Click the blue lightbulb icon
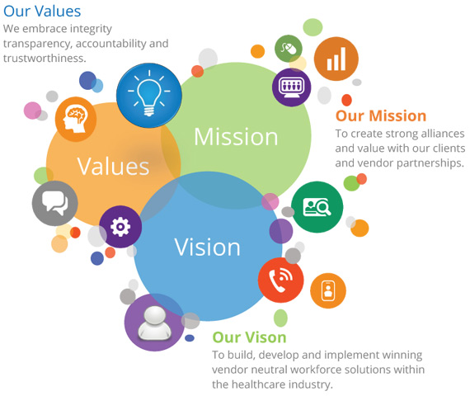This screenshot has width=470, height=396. click(x=149, y=96)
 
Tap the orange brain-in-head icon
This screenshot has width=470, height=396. click(x=76, y=119)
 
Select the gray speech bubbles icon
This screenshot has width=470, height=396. click(x=55, y=203)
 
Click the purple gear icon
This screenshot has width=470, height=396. click(x=120, y=227)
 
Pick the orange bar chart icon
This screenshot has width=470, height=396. click(x=336, y=59)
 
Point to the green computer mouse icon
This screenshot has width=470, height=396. click(x=289, y=49)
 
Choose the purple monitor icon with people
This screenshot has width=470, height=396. click(x=291, y=87)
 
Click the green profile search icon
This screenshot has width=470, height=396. click(x=317, y=207)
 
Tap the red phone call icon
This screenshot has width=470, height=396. click(x=281, y=280)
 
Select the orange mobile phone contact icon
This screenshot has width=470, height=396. click(x=328, y=290)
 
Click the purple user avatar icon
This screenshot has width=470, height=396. click(x=154, y=323)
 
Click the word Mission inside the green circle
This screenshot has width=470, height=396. click(x=236, y=137)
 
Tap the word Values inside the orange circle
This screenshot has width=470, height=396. click(x=113, y=166)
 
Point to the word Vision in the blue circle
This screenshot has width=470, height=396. click(x=208, y=247)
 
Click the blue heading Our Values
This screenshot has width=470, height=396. click(x=42, y=11)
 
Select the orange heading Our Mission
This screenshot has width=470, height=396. click(x=381, y=115)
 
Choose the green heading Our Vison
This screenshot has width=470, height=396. click(x=249, y=337)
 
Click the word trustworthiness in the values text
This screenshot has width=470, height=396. click(x=45, y=59)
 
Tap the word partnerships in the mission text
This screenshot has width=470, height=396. click(x=430, y=163)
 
